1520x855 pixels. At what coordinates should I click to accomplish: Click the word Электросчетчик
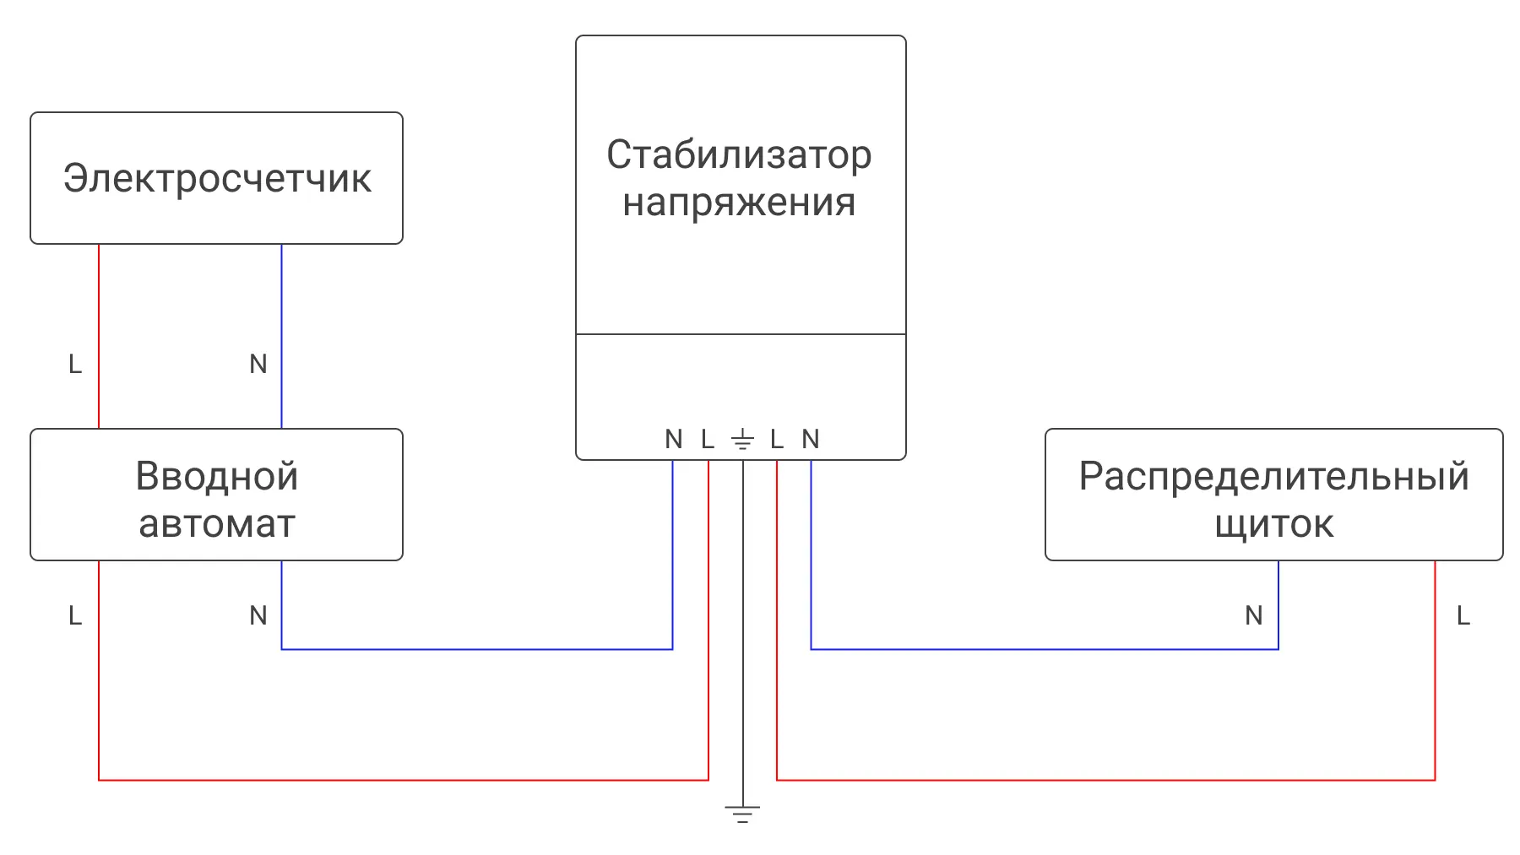coord(217,178)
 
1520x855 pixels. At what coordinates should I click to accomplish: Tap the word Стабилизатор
coord(739,154)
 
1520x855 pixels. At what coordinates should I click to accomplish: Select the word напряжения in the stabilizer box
coord(739,203)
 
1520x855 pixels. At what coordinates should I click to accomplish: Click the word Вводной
coord(217,476)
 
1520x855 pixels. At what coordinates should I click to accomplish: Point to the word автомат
coord(217,524)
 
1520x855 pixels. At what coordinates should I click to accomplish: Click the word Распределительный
coord(1274,478)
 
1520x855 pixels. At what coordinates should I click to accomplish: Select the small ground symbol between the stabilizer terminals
coord(742,439)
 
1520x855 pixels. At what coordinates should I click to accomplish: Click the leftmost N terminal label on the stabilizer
coord(674,439)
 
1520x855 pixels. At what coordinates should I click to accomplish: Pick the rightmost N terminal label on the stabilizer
coord(811,439)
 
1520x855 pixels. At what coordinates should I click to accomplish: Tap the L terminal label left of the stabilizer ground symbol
coord(708,439)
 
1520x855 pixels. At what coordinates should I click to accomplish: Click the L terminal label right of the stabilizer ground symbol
coord(777,439)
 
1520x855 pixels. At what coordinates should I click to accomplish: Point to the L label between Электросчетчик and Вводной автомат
coord(75,364)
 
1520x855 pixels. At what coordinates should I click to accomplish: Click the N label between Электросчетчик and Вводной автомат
coord(258,364)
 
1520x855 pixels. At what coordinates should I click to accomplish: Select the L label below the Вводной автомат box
coord(75,615)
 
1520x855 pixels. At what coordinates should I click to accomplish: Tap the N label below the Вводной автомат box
coord(258,615)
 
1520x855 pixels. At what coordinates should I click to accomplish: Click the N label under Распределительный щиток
coord(1254,615)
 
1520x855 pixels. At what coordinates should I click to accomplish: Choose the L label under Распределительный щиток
coord(1463,615)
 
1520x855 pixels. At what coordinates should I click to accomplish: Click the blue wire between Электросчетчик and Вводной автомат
coord(281,337)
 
